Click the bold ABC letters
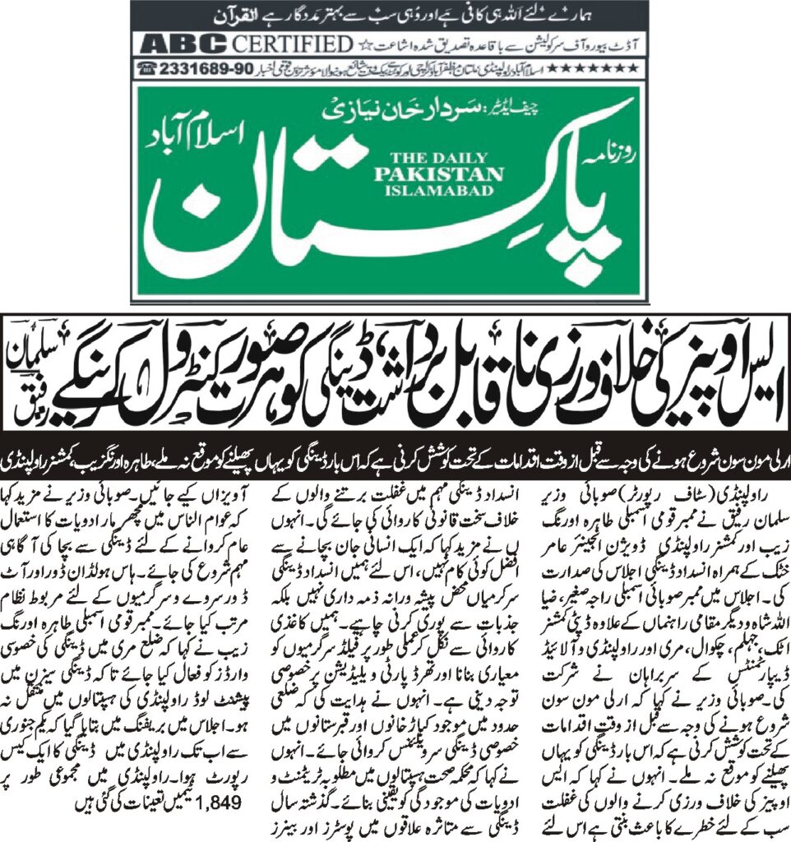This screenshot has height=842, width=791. tap(185, 44)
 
